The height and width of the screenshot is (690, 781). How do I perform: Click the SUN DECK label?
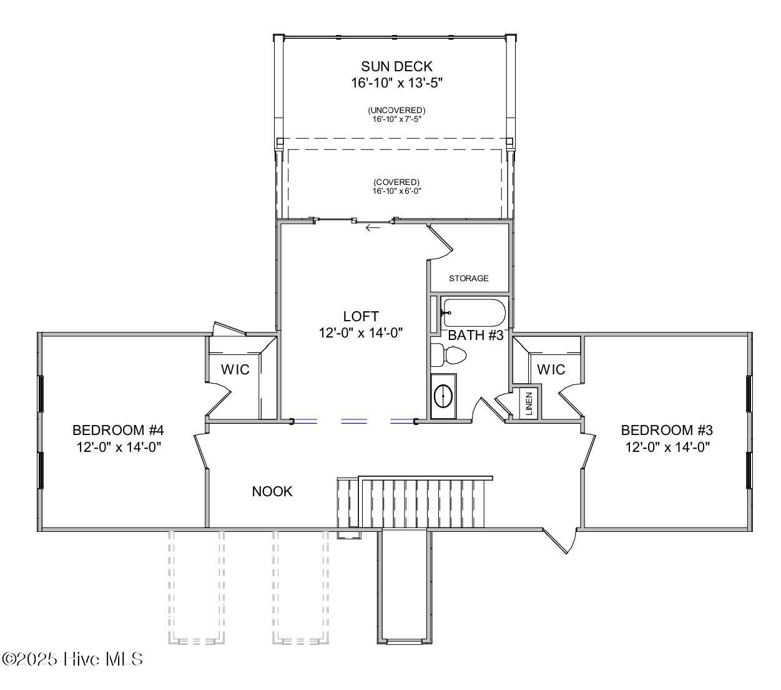(x=396, y=66)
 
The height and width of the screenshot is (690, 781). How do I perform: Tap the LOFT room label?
(x=361, y=316)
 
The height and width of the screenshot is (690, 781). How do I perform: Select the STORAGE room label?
(x=468, y=278)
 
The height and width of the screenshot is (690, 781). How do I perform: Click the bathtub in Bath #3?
(x=473, y=312)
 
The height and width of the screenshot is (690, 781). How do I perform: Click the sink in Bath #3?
(x=444, y=396)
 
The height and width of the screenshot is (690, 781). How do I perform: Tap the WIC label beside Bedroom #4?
(x=235, y=369)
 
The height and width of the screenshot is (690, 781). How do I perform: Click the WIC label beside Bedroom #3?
(x=551, y=369)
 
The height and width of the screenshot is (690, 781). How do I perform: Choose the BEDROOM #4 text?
(x=118, y=430)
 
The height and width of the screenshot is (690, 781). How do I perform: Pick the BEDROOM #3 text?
(x=667, y=430)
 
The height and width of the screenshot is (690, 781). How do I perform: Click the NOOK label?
(x=272, y=491)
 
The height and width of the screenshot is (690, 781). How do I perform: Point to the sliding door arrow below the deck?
(x=373, y=227)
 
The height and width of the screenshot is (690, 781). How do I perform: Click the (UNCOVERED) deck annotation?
(x=396, y=111)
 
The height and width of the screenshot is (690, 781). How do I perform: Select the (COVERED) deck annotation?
(x=397, y=182)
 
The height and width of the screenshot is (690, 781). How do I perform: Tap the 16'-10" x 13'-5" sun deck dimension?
(x=396, y=82)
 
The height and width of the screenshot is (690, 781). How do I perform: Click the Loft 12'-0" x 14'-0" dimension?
(x=361, y=332)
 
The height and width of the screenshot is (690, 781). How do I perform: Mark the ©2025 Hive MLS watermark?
(x=72, y=659)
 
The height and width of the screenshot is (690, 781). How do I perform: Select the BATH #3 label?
(x=476, y=335)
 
